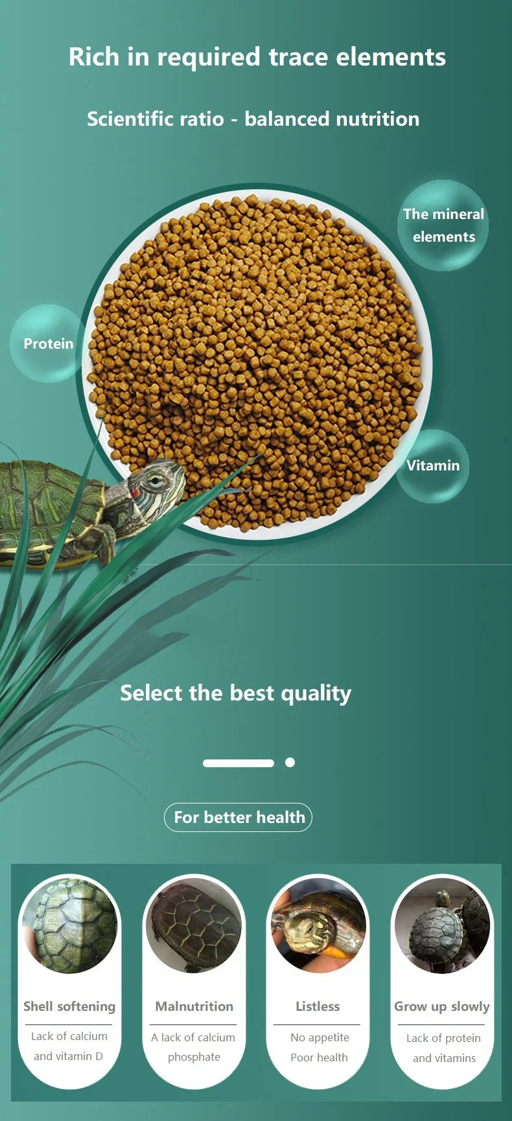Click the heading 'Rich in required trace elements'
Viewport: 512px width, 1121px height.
click(257, 57)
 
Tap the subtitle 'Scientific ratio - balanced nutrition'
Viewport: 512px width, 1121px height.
click(253, 119)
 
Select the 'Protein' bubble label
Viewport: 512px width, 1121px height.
click(49, 343)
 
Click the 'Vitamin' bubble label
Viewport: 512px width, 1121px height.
click(433, 465)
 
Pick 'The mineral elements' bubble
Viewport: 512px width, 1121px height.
click(443, 225)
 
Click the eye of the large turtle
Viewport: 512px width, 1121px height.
click(154, 480)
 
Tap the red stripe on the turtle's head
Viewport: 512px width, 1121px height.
click(135, 494)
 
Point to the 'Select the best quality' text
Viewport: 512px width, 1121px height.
click(236, 693)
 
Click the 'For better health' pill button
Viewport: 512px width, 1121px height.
click(238, 817)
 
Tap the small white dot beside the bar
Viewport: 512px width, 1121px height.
click(290, 763)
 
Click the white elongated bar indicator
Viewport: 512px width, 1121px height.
click(239, 763)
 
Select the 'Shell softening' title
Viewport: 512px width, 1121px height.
click(69, 1006)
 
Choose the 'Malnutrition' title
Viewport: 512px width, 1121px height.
click(194, 1006)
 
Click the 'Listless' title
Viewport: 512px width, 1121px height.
click(318, 1006)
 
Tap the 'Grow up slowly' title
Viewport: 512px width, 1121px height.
click(442, 1007)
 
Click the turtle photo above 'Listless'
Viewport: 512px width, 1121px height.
click(318, 925)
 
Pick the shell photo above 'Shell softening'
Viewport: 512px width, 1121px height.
click(70, 925)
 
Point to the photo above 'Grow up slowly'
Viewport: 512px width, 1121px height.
click(443, 925)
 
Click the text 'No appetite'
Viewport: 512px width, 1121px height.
click(320, 1037)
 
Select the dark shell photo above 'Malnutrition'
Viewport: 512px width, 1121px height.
click(194, 925)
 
